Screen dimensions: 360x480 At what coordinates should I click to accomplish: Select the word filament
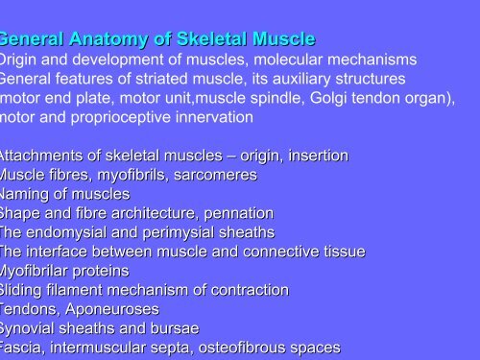coord(85,290)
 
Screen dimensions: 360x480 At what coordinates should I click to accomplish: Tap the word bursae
coord(175,328)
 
